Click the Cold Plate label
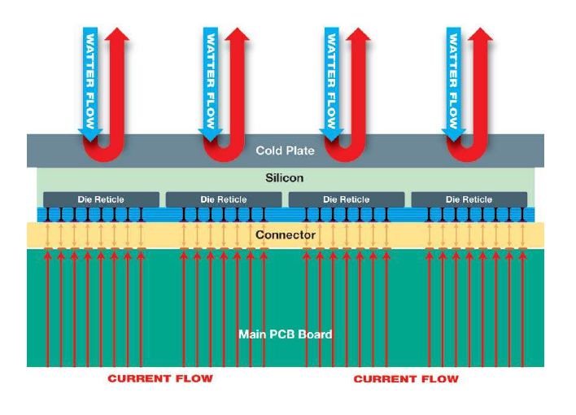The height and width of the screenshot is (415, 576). (285, 151)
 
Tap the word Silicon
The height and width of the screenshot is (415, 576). (284, 178)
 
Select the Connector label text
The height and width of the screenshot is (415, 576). (286, 235)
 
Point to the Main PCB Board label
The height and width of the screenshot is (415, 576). (286, 334)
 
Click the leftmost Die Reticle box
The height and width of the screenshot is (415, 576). (101, 199)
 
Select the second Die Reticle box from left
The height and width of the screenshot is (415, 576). (224, 199)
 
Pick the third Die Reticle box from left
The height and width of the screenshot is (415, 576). (347, 199)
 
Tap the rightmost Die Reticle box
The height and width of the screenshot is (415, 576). (469, 199)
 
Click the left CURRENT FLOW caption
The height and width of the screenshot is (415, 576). (160, 378)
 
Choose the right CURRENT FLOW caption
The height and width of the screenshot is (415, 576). (406, 379)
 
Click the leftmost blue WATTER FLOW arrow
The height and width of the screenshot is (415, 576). (90, 84)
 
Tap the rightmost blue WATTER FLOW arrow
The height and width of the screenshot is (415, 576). (454, 84)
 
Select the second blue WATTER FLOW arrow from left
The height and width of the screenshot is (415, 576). (211, 84)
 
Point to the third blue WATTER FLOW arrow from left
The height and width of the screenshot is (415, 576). (332, 84)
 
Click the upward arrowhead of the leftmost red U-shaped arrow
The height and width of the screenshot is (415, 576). (117, 34)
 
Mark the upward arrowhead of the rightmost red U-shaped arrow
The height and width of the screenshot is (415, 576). (481, 34)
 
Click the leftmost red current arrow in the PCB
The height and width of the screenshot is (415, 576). (48, 308)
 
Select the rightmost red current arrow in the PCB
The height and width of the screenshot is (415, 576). (522, 308)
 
